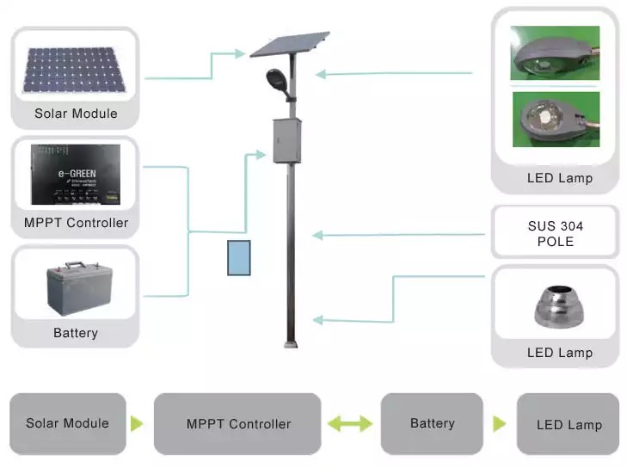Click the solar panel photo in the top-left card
(74, 70)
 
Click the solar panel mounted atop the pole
(289, 44)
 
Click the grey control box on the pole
(285, 140)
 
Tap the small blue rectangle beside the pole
(238, 258)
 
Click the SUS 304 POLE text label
(555, 233)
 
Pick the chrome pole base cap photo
(556, 306)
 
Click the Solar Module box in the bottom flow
(68, 423)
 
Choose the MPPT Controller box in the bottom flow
(237, 424)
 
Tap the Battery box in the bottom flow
(432, 423)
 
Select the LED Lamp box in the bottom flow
(568, 424)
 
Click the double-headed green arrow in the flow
(350, 423)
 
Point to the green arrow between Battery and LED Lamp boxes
(499, 423)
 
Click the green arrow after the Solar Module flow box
(137, 423)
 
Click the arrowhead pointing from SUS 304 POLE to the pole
(317, 235)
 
